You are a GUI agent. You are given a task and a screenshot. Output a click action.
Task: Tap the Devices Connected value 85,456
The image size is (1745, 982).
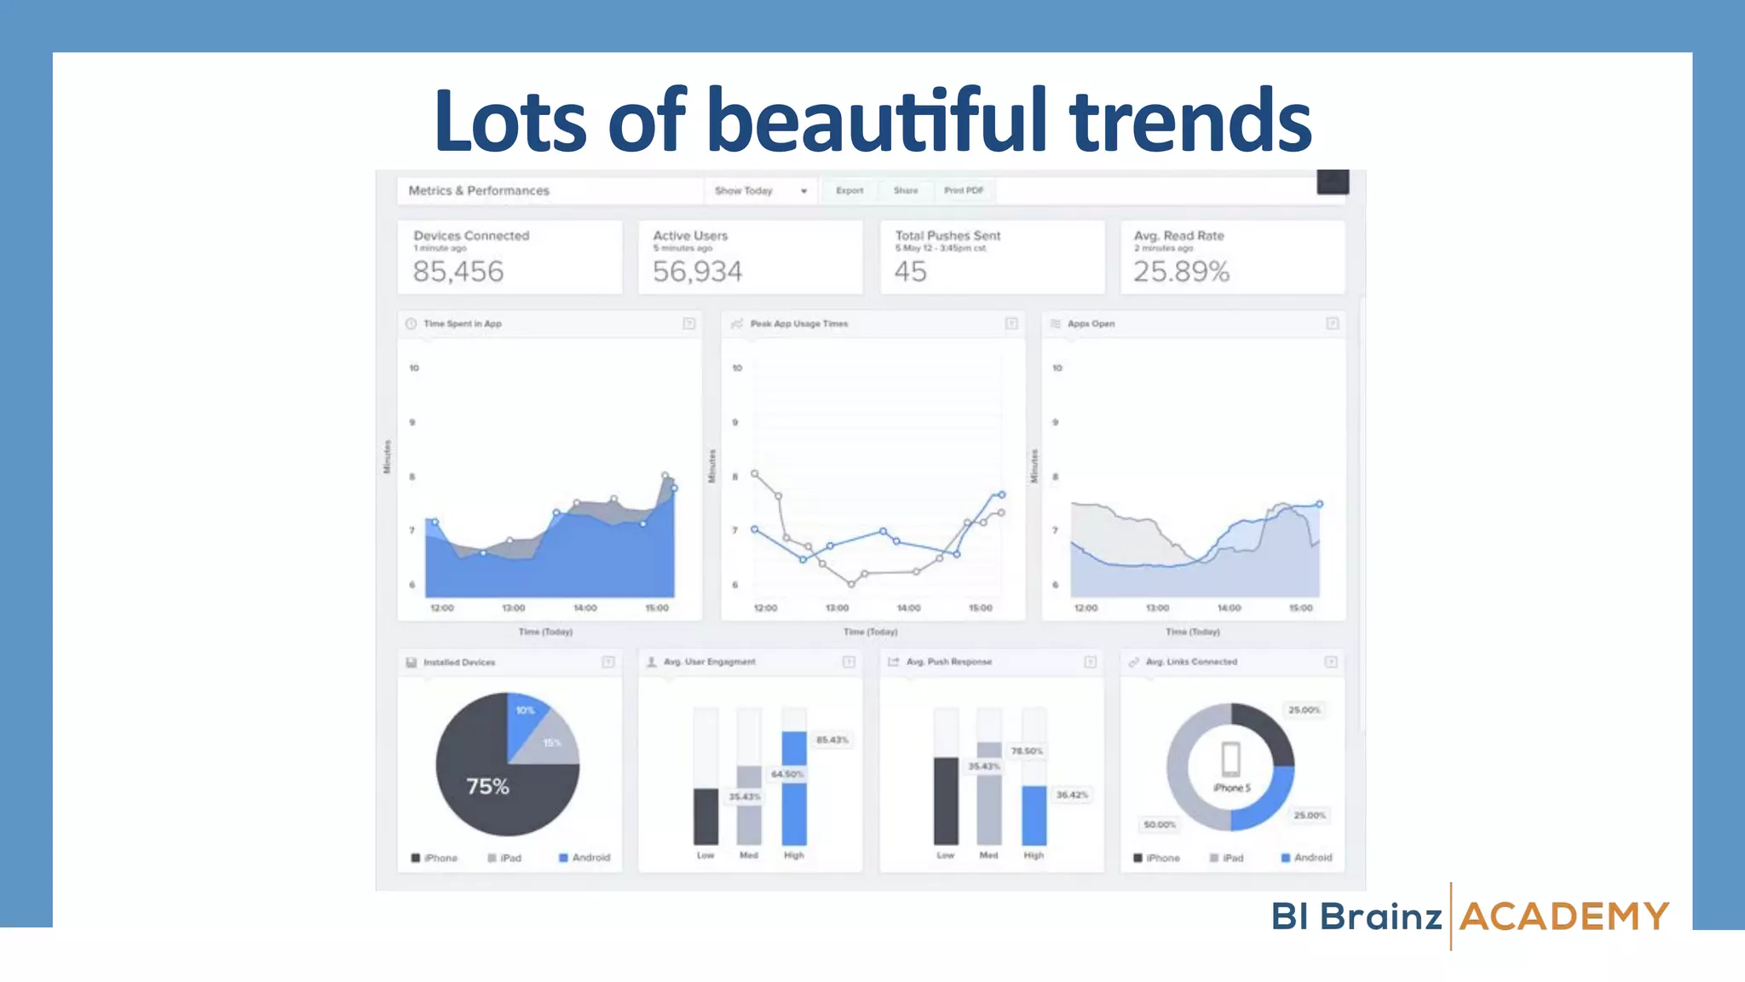[x=458, y=272]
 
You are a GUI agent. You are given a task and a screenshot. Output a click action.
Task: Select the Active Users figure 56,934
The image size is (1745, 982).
[x=697, y=272]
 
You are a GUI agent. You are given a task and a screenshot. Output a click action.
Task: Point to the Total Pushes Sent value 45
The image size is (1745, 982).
[x=910, y=272]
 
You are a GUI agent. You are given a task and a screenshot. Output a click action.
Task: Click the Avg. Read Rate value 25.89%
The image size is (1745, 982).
[x=1181, y=272]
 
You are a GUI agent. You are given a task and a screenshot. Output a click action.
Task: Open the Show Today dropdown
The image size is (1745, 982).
[x=760, y=191]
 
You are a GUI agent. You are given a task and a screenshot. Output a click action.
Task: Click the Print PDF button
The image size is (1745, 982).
[x=964, y=191]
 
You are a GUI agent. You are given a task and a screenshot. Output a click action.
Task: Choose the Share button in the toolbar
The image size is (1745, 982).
[x=906, y=191]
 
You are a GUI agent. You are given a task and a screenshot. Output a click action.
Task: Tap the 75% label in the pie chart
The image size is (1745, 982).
[x=487, y=786]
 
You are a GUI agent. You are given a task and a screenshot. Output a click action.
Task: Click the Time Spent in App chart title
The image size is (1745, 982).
[x=463, y=324]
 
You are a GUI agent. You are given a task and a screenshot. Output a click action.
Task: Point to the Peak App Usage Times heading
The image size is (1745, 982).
[x=798, y=324]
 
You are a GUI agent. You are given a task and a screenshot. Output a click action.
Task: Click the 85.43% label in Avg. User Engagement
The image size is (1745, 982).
[x=832, y=740]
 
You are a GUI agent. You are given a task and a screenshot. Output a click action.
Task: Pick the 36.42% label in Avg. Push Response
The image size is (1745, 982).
[x=1072, y=794]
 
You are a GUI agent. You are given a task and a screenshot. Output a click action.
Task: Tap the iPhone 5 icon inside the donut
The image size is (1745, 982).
[x=1231, y=759]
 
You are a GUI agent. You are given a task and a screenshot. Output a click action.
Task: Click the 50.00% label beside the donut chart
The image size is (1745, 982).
[x=1160, y=824]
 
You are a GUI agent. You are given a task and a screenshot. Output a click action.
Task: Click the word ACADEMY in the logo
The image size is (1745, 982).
[x=1564, y=917]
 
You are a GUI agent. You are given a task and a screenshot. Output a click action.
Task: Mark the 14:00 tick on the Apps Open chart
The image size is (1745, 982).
[x=1229, y=608]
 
